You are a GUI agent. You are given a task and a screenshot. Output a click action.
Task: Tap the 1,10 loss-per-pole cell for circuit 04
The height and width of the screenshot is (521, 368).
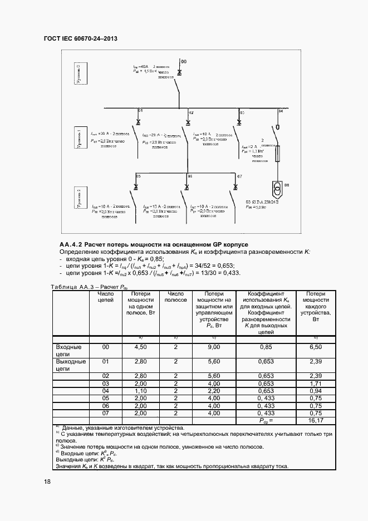click(140, 391)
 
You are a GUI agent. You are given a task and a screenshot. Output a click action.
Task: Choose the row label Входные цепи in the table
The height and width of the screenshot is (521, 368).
click(69, 350)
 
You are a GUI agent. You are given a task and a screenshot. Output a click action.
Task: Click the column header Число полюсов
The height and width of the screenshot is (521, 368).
click(175, 297)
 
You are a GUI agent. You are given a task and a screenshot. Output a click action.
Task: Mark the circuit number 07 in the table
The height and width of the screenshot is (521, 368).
click(105, 413)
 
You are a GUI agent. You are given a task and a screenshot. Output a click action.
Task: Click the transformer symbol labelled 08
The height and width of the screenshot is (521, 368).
click(276, 186)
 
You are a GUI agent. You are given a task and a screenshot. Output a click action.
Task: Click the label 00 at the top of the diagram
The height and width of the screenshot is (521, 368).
click(184, 60)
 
